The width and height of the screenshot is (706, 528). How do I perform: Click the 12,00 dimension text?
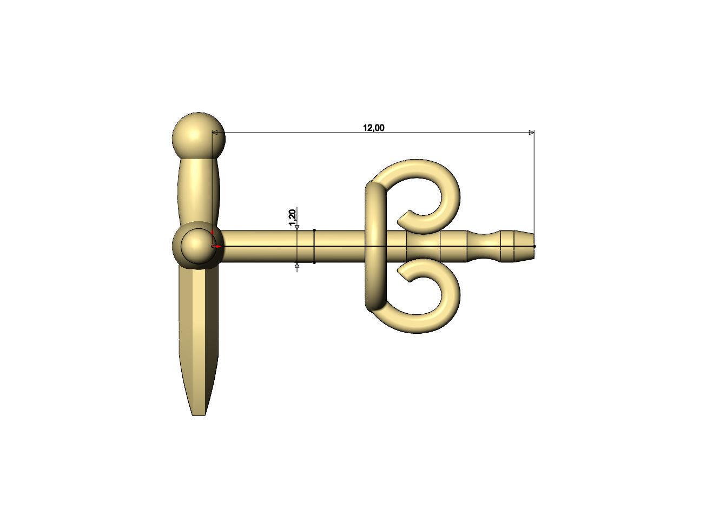click(x=373, y=128)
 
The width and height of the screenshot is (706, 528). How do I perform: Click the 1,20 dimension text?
click(x=293, y=216)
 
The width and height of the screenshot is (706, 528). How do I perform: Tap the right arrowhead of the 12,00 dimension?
click(x=531, y=133)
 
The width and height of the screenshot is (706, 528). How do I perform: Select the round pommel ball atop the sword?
click(x=198, y=136)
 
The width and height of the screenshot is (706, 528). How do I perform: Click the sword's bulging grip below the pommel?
click(x=199, y=189)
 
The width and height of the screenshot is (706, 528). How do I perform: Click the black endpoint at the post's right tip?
click(x=535, y=247)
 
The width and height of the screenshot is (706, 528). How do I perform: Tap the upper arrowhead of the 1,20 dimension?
click(x=297, y=227)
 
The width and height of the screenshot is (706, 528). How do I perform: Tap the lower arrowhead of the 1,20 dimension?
click(x=297, y=266)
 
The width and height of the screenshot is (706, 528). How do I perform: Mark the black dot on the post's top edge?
click(x=314, y=230)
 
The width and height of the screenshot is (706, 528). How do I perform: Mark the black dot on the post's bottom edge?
click(x=314, y=263)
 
